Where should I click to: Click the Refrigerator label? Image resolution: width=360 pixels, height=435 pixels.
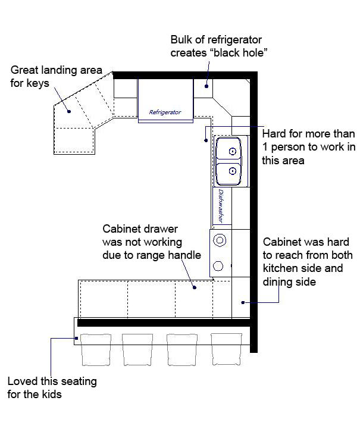click(x=165, y=112)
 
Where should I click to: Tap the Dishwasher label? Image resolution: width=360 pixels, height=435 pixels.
click(x=221, y=206)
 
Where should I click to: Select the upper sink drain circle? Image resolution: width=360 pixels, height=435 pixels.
click(x=233, y=152)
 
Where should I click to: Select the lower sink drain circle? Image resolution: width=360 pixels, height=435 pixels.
click(x=233, y=171)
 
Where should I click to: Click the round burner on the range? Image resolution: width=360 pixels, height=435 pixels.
click(x=220, y=240)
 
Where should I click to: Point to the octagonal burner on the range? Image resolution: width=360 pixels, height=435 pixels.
click(x=218, y=266)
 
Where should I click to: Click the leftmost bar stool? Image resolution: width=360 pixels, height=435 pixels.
click(x=96, y=350)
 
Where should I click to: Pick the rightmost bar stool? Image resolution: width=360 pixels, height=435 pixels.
click(x=226, y=349)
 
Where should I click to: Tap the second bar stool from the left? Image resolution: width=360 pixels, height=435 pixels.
click(x=137, y=350)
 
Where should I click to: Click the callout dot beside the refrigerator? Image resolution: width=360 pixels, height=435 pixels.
click(x=206, y=86)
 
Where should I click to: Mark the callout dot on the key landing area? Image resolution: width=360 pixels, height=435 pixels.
click(x=69, y=111)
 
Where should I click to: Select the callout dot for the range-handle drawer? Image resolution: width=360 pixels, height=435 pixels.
click(x=195, y=287)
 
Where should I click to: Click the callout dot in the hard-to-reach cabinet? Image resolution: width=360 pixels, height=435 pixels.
click(x=243, y=302)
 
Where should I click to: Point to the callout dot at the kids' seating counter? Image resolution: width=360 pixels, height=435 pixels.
click(x=76, y=338)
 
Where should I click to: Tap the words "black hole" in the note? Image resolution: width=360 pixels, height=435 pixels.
click(x=240, y=53)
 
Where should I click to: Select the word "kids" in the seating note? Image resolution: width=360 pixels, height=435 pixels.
click(x=52, y=394)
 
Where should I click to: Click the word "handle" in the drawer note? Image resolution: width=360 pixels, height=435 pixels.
click(x=184, y=255)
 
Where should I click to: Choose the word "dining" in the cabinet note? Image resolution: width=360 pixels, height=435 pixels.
click(x=278, y=282)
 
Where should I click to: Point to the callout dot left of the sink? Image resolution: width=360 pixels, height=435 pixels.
click(x=206, y=140)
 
